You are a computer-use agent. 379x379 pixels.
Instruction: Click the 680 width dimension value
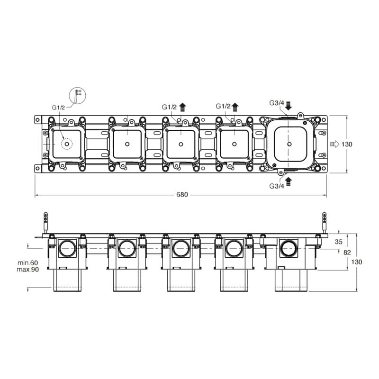coord(182,195)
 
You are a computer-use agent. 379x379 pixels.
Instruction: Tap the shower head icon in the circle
coord(78,96)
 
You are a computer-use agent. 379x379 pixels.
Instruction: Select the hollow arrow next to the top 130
coord(335,144)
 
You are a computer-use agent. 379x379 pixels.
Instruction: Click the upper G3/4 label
coord(277,103)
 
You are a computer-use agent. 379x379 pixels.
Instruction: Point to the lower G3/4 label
coord(277,186)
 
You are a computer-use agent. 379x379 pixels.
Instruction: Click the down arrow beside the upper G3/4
coord(289,106)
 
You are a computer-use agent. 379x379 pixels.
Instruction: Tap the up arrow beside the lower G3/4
coord(289,181)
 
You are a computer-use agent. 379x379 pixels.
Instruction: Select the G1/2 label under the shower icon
coord(58,108)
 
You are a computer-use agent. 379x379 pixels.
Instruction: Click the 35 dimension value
coord(339,242)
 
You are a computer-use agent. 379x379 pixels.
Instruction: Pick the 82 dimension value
coord(347,253)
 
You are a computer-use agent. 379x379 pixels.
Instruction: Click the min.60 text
coord(28,263)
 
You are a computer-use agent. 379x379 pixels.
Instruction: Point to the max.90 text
coord(28,270)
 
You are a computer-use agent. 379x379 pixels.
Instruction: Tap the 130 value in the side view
coord(357,262)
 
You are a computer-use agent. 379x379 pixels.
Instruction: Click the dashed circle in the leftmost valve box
coord(67,144)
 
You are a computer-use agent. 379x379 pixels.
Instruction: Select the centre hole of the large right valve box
coord(289,144)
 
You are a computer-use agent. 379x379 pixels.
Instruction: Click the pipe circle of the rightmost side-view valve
coord(289,248)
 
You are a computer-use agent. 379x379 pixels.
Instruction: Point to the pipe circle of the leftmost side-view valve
coord(67,248)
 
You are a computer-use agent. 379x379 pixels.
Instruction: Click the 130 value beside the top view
coord(347,144)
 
